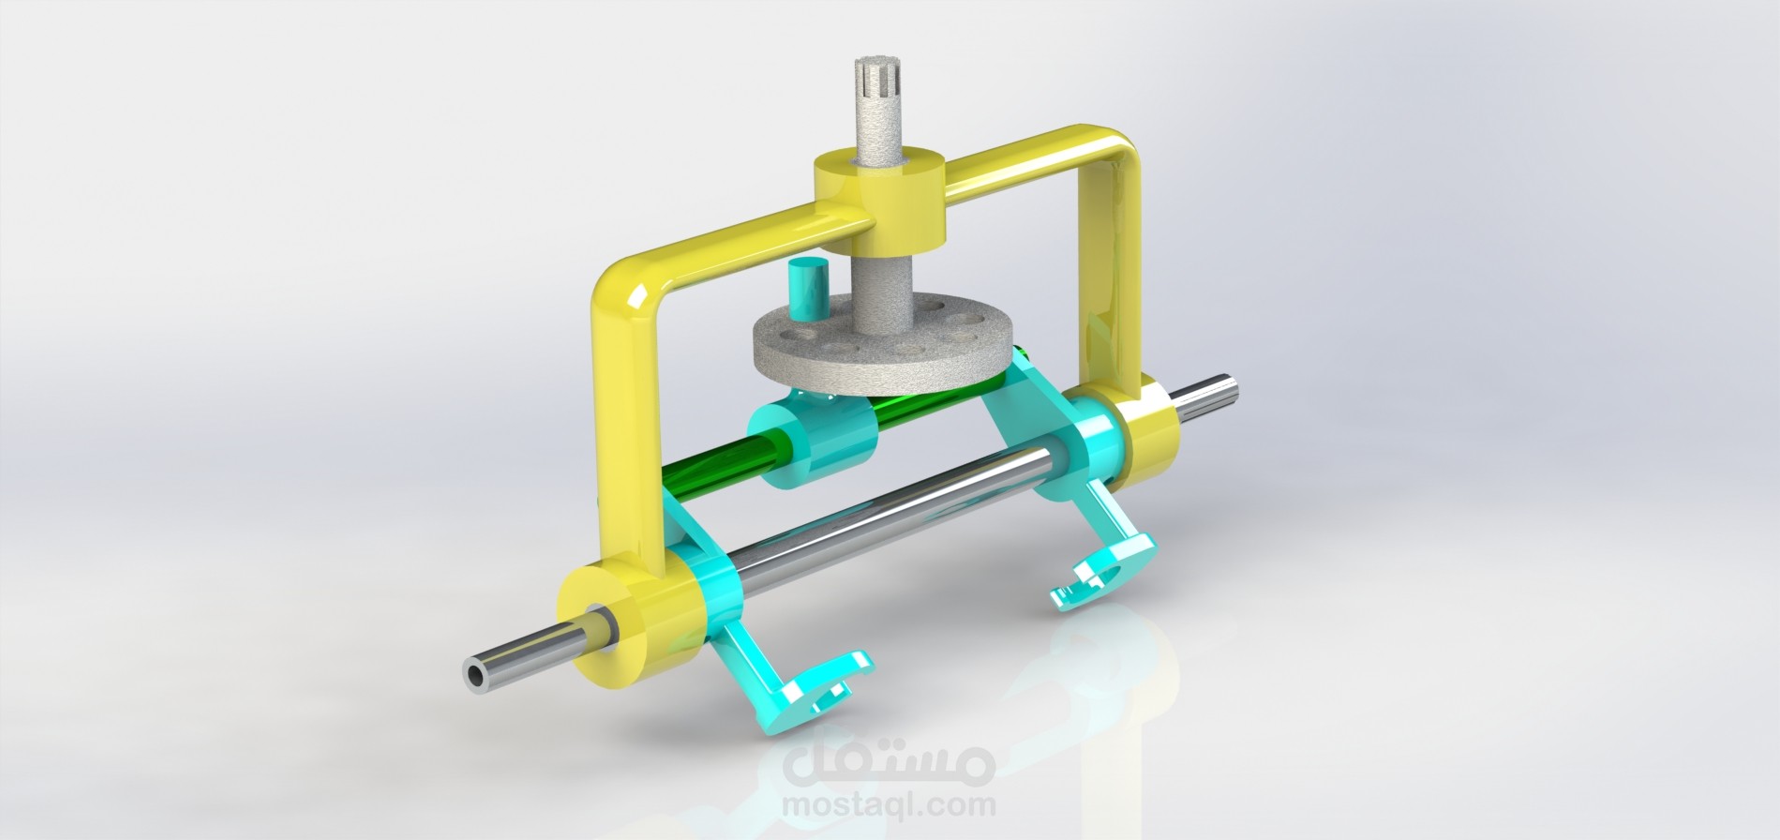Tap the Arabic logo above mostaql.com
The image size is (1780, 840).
pyautogui.click(x=886, y=759)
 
